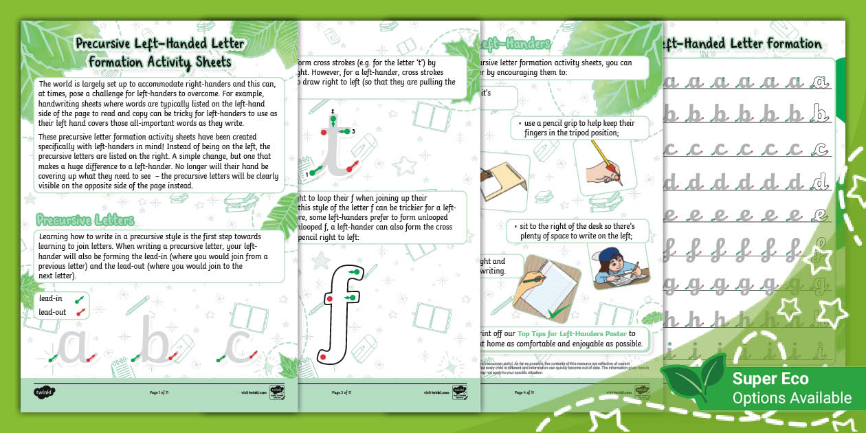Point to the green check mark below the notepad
coord(559,313)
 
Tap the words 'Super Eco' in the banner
coord(770,379)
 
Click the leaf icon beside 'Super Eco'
coord(693,386)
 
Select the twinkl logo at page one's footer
coord(44,392)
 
